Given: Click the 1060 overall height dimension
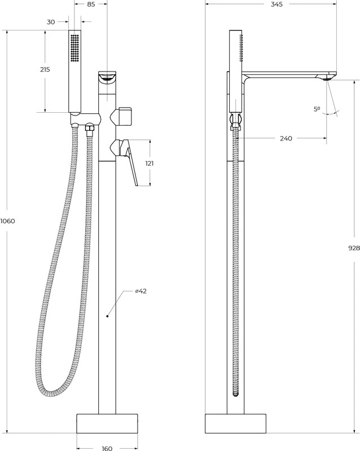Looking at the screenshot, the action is [x=7, y=221].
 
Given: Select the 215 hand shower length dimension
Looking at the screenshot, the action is [x=45, y=69].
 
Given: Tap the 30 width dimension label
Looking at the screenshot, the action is [x=51, y=22].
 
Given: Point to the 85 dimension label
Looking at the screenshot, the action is [x=91, y=5].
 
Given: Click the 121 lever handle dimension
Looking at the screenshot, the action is [x=150, y=163].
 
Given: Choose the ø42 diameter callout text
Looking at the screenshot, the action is [x=141, y=291].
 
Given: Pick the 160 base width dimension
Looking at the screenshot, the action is [x=107, y=448].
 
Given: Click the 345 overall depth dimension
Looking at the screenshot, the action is [x=277, y=5].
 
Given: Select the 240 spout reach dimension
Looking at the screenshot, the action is [x=286, y=138].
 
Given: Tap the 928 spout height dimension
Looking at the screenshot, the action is [x=354, y=248].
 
